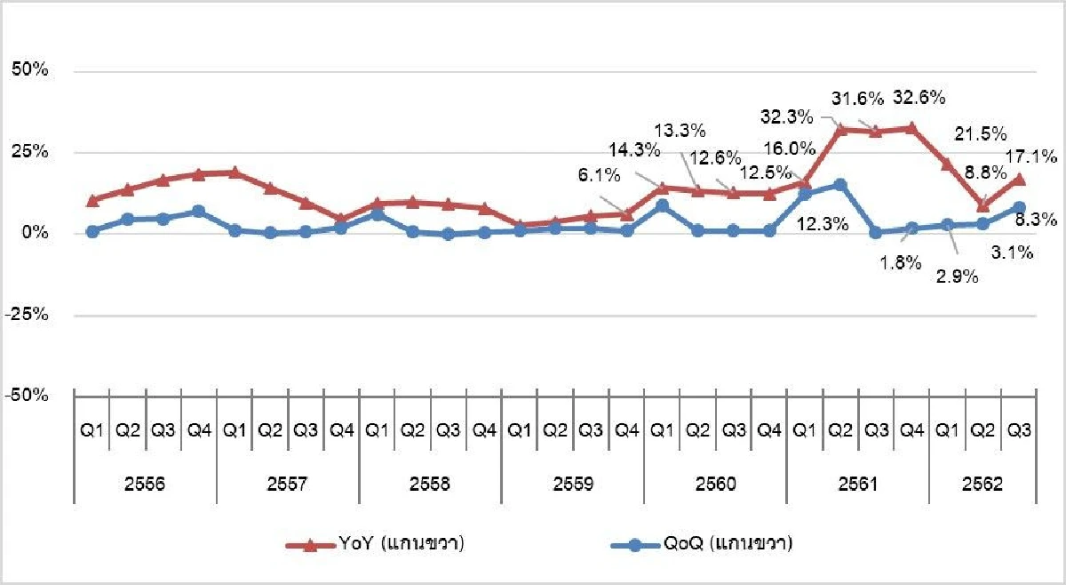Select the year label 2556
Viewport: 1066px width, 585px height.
[145, 485]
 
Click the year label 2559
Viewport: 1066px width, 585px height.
[572, 485]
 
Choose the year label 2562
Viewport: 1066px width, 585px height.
[982, 485]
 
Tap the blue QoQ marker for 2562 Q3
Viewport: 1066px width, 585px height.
[1019, 207]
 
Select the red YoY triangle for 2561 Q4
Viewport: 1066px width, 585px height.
[911, 128]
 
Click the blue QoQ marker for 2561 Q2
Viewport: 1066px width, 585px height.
[840, 185]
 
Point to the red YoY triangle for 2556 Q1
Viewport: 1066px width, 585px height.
[92, 200]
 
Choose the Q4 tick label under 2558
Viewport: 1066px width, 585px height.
[483, 431]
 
